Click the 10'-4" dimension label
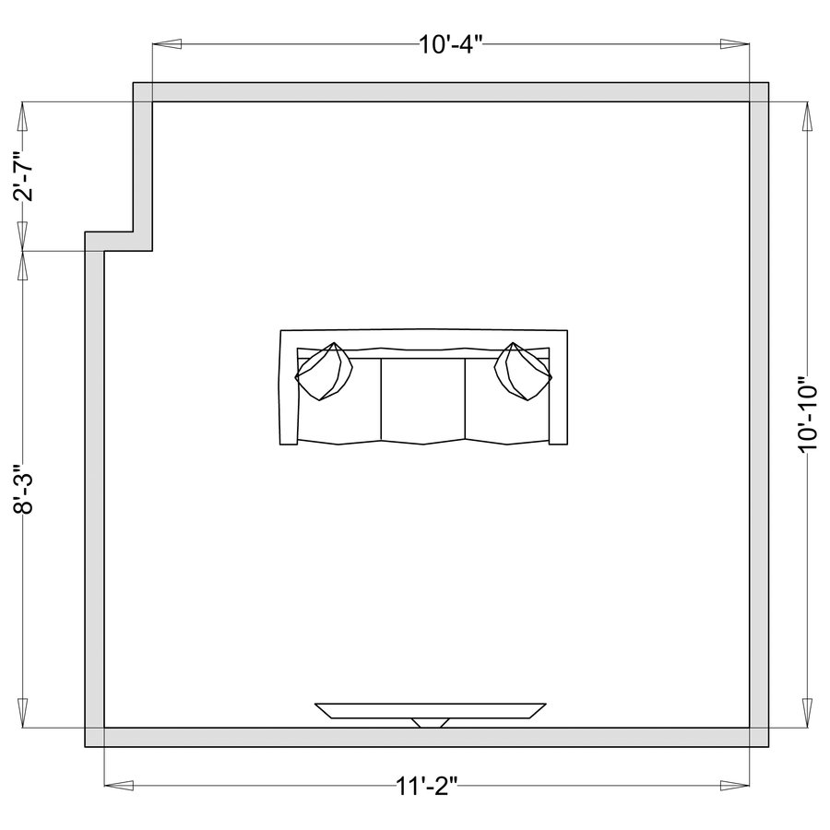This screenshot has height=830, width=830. tap(451, 44)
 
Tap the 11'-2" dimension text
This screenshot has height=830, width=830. tap(427, 786)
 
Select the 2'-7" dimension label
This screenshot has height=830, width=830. tap(24, 176)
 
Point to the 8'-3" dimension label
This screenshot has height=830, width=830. tap(24, 489)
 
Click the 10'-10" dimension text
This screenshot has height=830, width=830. tap(808, 414)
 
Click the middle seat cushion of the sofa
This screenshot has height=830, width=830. tap(423, 399)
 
